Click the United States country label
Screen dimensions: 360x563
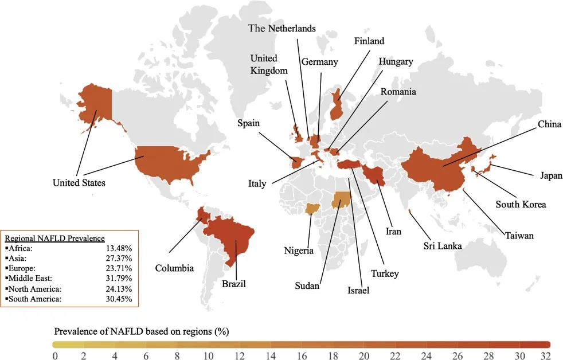(79, 183)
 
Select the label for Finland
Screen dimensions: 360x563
(369, 41)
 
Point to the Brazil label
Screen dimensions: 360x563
(233, 283)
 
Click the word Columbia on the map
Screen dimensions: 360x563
(174, 268)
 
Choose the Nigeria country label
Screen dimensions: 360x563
(299, 250)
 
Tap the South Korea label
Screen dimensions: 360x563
(521, 204)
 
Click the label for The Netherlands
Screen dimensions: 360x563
(281, 29)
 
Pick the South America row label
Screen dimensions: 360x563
(37, 299)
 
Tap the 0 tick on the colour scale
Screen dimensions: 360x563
(55, 356)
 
